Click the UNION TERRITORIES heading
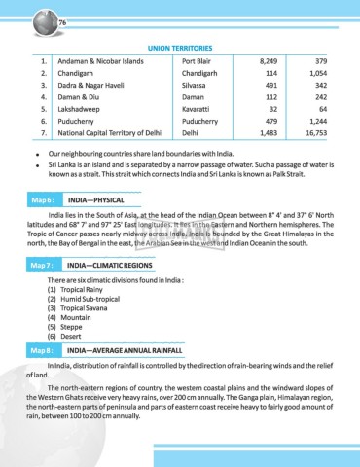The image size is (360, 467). point(180,47)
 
